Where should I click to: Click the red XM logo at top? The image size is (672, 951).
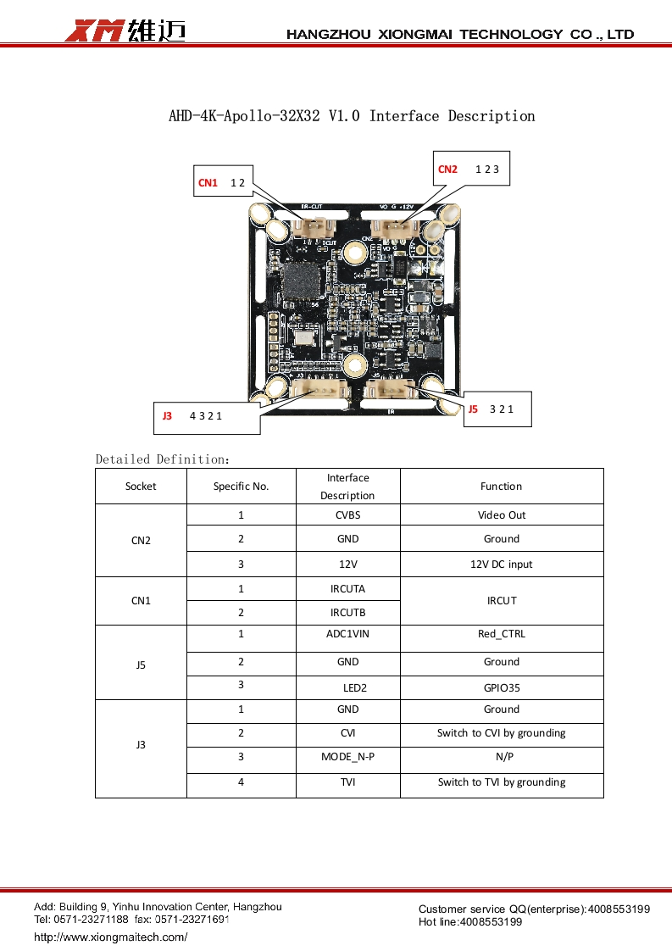[95, 31]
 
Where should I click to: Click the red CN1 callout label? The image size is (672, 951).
[208, 183]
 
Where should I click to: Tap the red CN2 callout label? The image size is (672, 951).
[447, 170]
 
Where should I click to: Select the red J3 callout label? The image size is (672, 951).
[167, 416]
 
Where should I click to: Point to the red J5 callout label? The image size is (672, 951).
[473, 409]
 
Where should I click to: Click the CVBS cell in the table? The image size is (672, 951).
[347, 515]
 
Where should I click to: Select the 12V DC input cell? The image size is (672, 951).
[501, 564]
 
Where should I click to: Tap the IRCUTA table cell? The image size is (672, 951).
[347, 589]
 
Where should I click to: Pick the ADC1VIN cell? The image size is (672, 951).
[347, 634]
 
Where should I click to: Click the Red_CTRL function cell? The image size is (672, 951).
[501, 634]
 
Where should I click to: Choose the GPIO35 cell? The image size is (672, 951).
[501, 688]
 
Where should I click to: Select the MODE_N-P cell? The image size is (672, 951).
[347, 757]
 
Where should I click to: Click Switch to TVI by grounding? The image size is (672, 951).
[501, 782]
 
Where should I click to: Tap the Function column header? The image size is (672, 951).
[501, 487]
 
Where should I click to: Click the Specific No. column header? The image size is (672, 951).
[241, 487]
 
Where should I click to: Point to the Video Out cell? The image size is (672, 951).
[501, 515]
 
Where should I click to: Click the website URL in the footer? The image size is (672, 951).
[110, 937]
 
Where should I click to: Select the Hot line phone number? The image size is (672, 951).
[491, 922]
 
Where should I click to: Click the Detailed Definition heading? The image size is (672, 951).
[162, 459]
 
